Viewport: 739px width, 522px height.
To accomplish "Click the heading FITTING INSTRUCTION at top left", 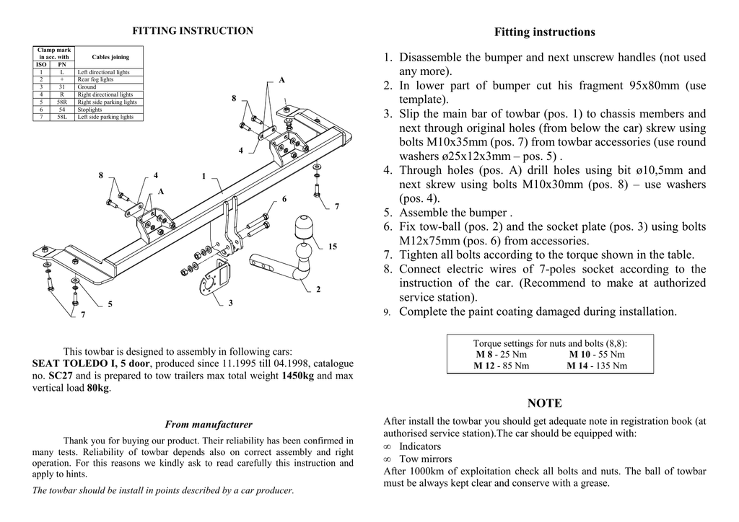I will [x=193, y=31].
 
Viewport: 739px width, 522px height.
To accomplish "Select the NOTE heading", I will [x=545, y=403].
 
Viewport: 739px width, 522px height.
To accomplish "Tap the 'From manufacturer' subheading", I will [x=209, y=425].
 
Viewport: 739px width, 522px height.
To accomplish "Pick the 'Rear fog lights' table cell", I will [x=95, y=79].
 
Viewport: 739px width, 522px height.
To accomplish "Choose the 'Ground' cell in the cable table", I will [x=87, y=87].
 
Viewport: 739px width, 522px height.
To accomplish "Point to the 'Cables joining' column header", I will [x=110, y=57].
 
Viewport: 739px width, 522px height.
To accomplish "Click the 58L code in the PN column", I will [x=62, y=117].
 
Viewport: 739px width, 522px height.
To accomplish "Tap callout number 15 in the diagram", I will [x=332, y=247].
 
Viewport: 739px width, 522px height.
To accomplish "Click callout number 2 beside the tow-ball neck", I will [x=318, y=290].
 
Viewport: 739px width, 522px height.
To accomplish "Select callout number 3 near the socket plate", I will [x=231, y=303].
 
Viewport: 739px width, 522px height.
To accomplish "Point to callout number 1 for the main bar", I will [x=204, y=176].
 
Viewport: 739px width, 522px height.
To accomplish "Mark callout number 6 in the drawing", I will [x=284, y=198].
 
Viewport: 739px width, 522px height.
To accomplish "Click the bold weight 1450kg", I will [x=297, y=376].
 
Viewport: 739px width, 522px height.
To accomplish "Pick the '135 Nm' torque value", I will [x=609, y=366].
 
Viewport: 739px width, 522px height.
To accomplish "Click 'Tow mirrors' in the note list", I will [x=426, y=459].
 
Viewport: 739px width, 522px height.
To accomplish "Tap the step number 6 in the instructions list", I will [x=388, y=227].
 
